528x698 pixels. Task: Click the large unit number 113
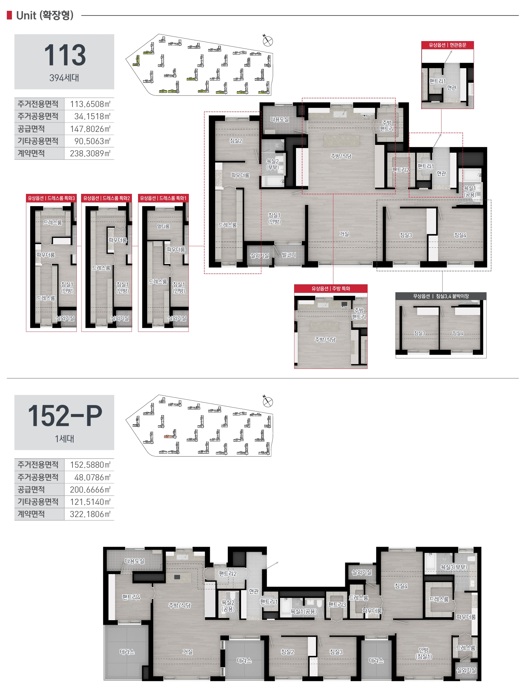[65, 55]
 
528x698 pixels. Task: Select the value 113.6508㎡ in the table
[90, 104]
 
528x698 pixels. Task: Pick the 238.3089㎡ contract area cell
[90, 154]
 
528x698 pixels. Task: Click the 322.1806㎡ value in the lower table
[90, 514]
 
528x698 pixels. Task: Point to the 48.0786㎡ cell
[92, 477]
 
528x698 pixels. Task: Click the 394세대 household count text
[64, 78]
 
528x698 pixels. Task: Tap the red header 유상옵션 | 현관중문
[447, 45]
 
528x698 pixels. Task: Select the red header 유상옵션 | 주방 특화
[330, 288]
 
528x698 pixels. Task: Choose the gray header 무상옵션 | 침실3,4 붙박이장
[441, 296]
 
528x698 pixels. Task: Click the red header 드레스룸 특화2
[107, 198]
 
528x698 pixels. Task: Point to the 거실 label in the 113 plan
[344, 234]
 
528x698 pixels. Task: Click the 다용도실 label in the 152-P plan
[134, 561]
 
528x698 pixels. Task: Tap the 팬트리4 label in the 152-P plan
[131, 597]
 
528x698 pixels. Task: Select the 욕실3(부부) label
[454, 567]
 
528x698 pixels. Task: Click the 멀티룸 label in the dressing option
[163, 226]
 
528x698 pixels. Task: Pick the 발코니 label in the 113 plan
[289, 255]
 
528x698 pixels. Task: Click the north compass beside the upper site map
[267, 41]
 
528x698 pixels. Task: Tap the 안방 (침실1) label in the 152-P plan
[423, 653]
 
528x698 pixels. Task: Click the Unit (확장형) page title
[45, 15]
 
